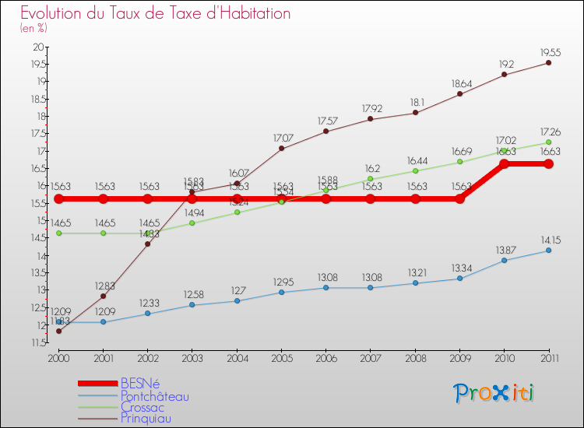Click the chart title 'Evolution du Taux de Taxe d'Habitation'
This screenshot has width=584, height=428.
[x=156, y=14]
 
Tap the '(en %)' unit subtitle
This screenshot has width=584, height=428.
[x=33, y=29]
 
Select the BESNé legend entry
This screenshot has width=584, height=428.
[x=139, y=383]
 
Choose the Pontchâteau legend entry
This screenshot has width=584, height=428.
[x=154, y=396]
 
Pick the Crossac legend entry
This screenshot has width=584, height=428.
[x=144, y=407]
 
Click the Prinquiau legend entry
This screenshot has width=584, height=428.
[x=146, y=418]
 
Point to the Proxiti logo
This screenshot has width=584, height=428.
[x=494, y=393]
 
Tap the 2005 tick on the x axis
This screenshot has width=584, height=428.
[x=281, y=358]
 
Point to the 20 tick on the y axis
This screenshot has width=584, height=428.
[x=38, y=47]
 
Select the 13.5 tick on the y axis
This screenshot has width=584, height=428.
[x=37, y=272]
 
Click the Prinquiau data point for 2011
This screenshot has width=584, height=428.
[x=548, y=62]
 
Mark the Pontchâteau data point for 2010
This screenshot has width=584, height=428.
[x=504, y=260]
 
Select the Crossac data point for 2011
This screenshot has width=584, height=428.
[x=548, y=142]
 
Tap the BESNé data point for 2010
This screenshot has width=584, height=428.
[x=504, y=163]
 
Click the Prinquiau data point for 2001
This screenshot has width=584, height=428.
[x=103, y=296]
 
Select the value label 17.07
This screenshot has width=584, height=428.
[x=283, y=138]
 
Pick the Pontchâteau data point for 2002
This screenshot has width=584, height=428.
[x=147, y=314]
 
